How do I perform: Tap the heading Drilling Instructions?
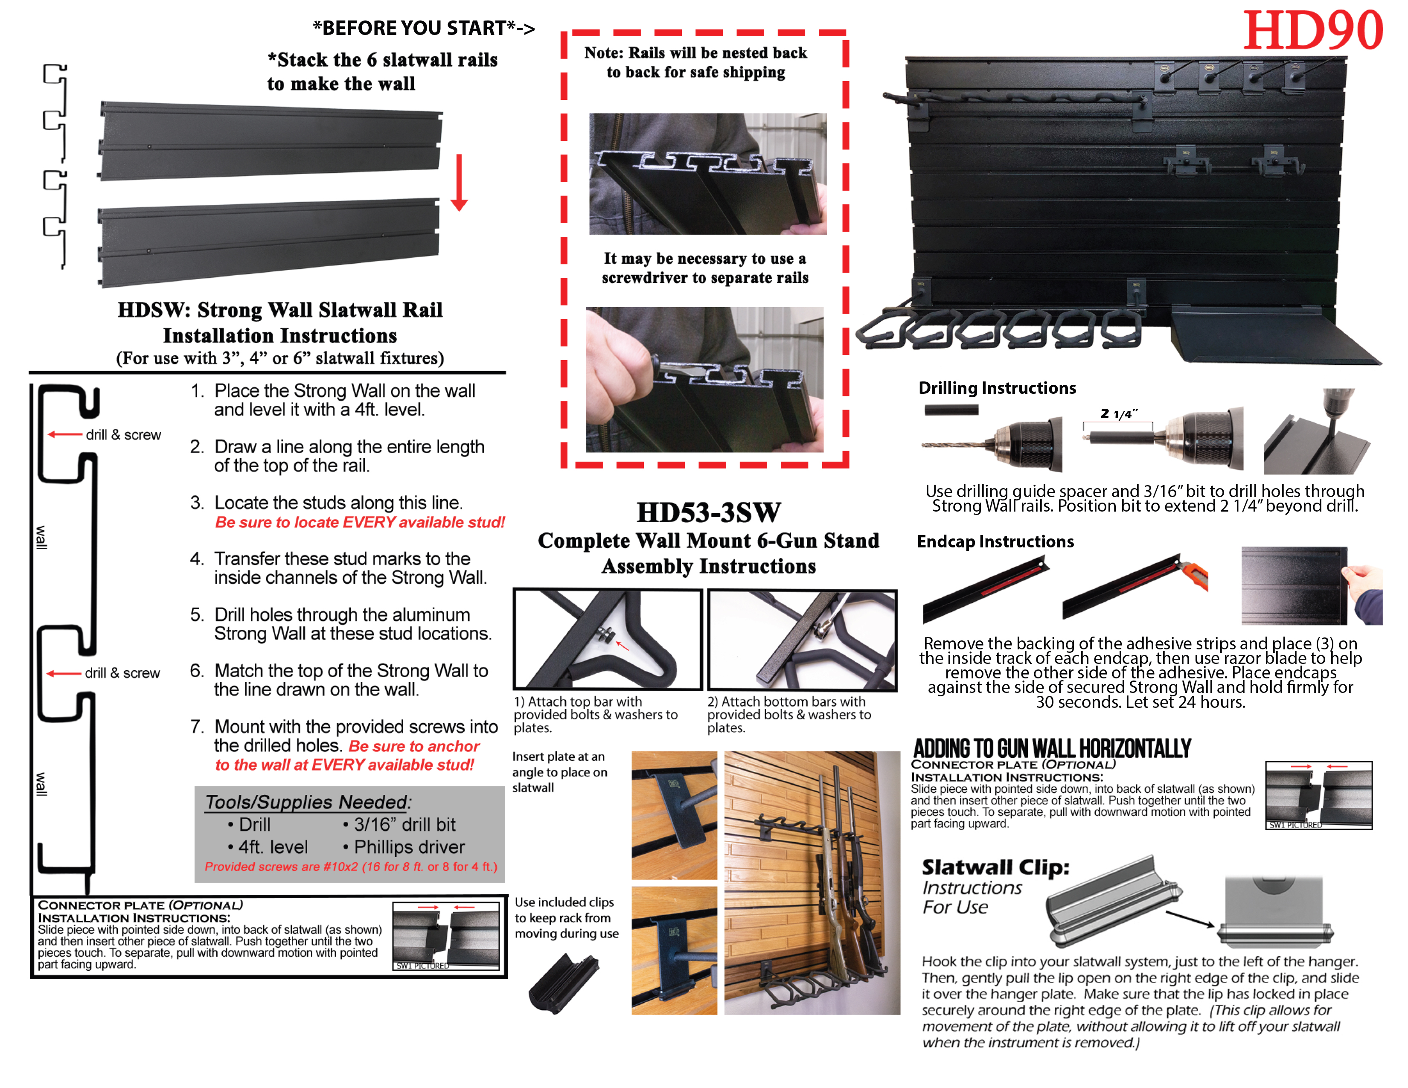[x=997, y=388]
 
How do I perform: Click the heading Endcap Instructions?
[x=995, y=541]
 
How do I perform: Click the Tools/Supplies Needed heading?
[x=308, y=802]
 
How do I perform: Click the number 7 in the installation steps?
[x=197, y=727]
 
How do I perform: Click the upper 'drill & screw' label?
[x=123, y=435]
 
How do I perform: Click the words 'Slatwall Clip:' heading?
[x=995, y=867]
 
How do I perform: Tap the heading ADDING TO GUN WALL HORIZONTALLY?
[x=1051, y=748]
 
